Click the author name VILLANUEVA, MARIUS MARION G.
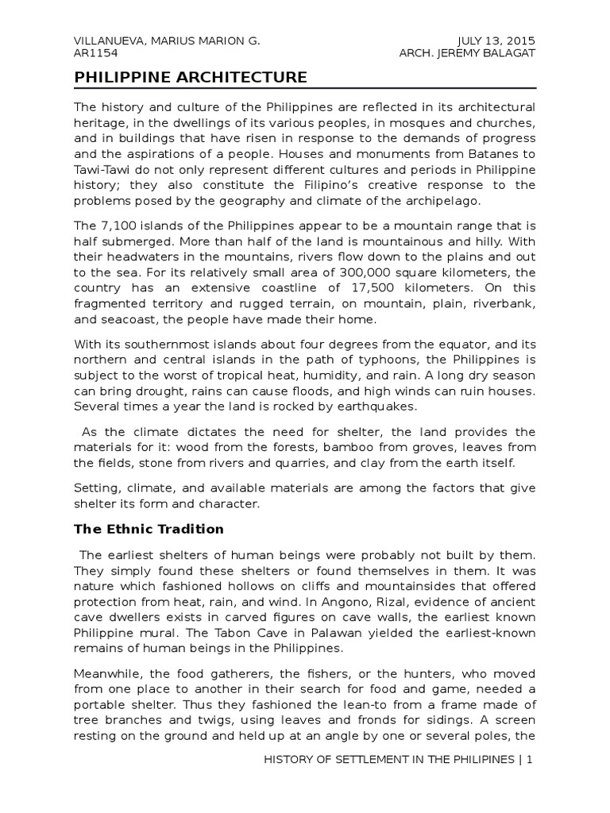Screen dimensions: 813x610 tap(167, 40)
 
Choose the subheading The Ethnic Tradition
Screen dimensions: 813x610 tap(149, 529)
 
